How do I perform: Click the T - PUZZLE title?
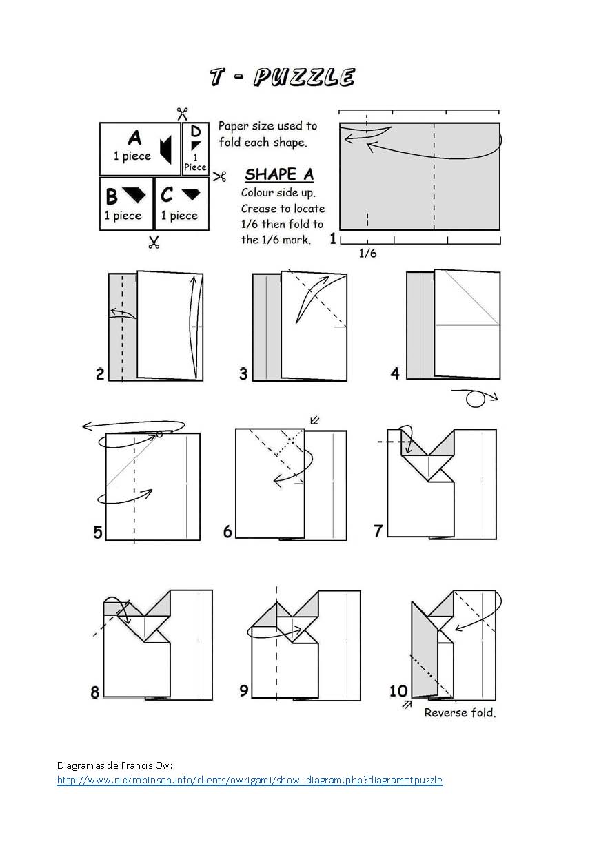[282, 77]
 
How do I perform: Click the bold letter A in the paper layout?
[134, 138]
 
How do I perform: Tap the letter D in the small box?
[196, 132]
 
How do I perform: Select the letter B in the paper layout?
[112, 197]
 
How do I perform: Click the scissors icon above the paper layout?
[183, 113]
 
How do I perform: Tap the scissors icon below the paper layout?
[154, 242]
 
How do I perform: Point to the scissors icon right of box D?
[220, 176]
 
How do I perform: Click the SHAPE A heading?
[278, 174]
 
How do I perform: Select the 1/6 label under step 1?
[367, 254]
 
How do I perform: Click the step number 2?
[100, 374]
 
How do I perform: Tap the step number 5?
[98, 532]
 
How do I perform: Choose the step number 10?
[398, 690]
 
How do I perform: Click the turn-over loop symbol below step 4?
[475, 398]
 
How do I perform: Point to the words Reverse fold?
[459, 712]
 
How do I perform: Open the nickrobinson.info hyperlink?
[249, 780]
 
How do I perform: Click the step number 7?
[378, 531]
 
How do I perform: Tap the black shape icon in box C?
[194, 195]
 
